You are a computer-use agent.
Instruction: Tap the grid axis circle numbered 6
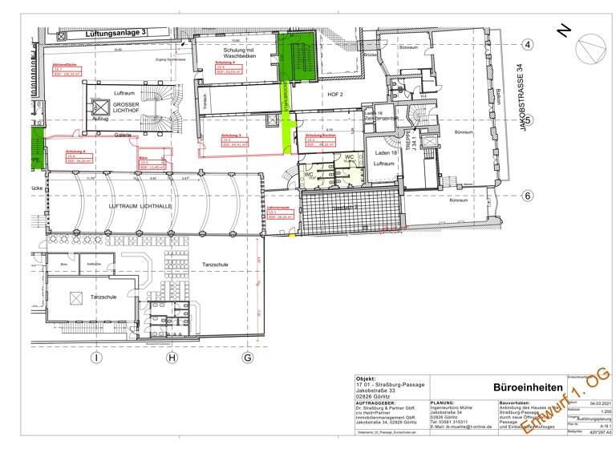point(528,196)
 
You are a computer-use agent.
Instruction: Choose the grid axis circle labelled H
point(171,358)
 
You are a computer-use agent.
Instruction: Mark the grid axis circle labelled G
point(247,358)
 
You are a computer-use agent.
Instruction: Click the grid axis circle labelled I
point(95,358)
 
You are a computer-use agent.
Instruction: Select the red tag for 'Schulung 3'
point(224,140)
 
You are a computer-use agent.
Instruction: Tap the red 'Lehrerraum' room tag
point(278,212)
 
